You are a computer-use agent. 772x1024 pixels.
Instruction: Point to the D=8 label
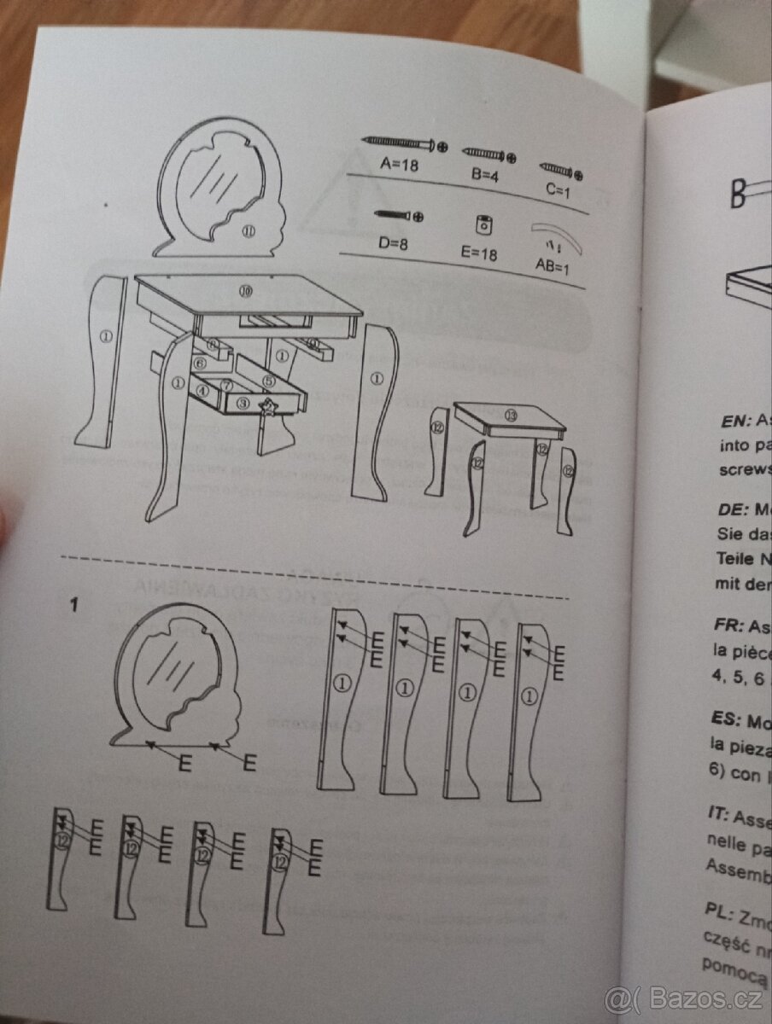tap(394, 243)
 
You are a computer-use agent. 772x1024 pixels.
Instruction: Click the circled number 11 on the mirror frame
tap(248, 232)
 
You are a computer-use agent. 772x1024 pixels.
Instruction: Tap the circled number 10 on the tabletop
tap(246, 292)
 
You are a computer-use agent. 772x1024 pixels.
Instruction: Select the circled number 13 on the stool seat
tap(511, 416)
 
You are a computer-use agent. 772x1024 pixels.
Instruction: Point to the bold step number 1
tap(74, 606)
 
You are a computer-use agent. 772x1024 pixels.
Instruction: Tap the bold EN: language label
tap(735, 420)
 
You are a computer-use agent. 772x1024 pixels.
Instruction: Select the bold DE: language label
tap(733, 510)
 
